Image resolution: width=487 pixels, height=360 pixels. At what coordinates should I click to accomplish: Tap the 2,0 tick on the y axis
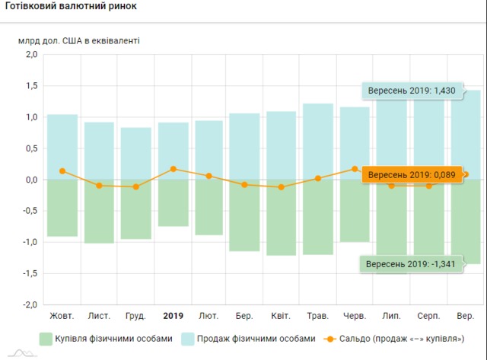(31, 55)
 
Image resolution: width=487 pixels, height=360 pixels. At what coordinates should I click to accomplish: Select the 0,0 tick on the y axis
(31, 180)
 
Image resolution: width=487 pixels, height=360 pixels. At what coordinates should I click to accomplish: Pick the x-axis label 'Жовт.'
(62, 315)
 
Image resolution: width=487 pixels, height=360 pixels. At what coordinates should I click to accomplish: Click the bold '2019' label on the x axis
(173, 315)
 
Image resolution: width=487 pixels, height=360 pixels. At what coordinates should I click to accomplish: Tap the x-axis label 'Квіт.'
(282, 315)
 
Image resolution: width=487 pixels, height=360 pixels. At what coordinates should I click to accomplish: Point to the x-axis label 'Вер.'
(465, 315)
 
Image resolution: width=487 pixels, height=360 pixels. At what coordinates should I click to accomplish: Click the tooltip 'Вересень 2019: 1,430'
(412, 91)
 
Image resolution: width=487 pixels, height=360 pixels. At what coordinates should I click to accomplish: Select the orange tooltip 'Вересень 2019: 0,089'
(412, 175)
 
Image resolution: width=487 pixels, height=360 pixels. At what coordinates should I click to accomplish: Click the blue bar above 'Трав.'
(318, 141)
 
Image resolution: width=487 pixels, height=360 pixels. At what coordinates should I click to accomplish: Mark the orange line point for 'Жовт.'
(62, 171)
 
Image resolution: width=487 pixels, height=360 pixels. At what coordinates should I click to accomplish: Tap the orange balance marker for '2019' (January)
(173, 169)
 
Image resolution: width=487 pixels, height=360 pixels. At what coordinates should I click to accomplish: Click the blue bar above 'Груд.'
(136, 153)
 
